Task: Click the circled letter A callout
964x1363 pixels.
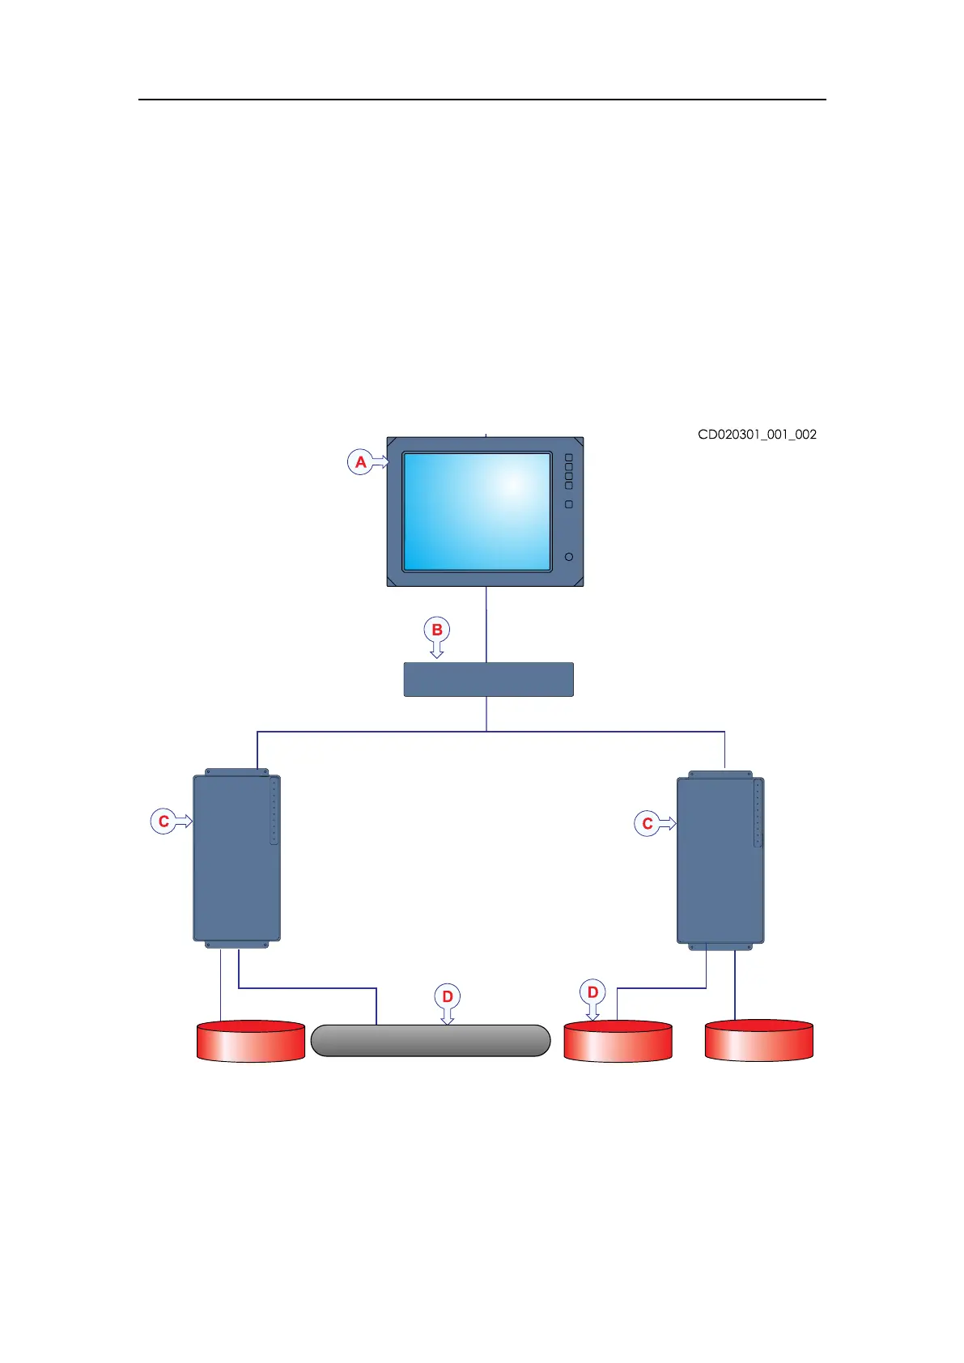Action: point(360,462)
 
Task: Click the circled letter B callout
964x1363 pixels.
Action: point(436,630)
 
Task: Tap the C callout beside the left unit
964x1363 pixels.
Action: point(163,822)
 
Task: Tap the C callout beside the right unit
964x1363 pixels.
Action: point(647,824)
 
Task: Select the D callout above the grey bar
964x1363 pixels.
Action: point(447,996)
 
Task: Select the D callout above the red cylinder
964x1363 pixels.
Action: point(592,991)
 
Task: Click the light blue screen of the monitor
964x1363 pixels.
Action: point(477,511)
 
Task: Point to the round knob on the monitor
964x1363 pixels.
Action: point(569,557)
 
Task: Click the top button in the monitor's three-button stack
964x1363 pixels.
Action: point(568,458)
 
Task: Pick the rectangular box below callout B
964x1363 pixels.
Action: point(488,679)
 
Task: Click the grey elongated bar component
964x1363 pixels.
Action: point(430,1040)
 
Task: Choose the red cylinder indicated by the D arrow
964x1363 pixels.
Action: point(618,1041)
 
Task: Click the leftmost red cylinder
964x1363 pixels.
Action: point(251,1041)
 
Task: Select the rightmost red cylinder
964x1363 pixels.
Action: point(758,1040)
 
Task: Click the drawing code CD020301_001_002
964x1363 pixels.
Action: point(757,435)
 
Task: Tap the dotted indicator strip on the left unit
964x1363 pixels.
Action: point(274,811)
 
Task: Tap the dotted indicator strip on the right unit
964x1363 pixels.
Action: point(758,813)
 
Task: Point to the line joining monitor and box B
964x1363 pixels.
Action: point(486,623)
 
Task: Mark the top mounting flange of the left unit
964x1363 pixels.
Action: point(236,772)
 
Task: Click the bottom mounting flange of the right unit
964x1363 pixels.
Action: point(720,945)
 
